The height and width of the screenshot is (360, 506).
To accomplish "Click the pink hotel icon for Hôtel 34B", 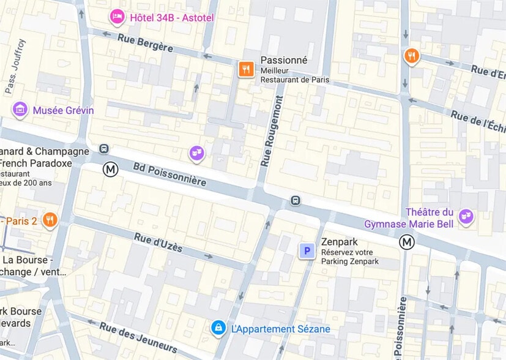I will point(116,17).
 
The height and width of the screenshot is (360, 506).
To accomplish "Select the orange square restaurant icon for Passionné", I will point(246,69).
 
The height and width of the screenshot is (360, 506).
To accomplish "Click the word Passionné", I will point(284,60).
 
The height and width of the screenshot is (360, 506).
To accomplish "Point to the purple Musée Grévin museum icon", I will point(20,110).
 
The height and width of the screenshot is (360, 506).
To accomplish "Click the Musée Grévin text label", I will point(64,110).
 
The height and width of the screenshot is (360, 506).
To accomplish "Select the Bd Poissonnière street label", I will point(169,174).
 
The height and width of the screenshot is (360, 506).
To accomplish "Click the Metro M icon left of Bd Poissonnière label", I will point(110,169).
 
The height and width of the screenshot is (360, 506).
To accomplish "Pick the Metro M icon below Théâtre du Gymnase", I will point(407,242).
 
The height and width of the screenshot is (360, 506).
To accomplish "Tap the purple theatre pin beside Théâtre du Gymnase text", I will point(466,216).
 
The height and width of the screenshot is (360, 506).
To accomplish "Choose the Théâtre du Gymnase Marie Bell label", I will point(409,218).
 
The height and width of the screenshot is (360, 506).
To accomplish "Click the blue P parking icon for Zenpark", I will point(307,250).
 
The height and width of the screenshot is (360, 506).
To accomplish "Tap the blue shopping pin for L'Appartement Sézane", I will point(218,328).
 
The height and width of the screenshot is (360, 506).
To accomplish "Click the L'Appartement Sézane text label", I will point(280,329).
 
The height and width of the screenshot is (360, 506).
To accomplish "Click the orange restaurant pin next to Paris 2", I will point(50,220).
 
